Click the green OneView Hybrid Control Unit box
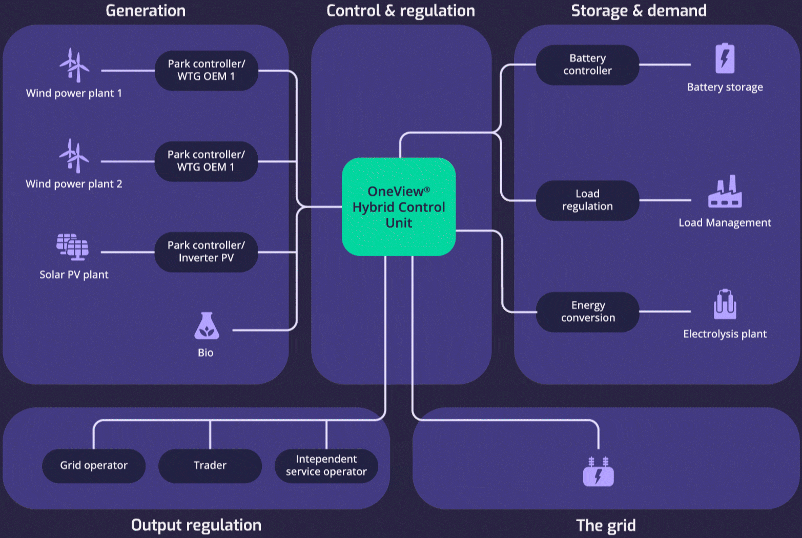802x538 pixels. coord(399,206)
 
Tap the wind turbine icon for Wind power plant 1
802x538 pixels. coord(74,65)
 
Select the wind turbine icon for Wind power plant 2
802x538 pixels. coord(74,156)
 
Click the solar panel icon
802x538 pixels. coord(73,247)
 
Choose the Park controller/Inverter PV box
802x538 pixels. coord(206,252)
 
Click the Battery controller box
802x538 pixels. coord(587,65)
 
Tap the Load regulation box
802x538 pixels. coord(587,200)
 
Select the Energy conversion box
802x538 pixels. coord(587,312)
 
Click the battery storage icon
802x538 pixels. coord(725,58)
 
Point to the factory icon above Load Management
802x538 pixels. coord(725,192)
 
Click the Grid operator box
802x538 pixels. coord(94,465)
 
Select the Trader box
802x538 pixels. coord(210,465)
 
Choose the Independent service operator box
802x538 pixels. coord(326,465)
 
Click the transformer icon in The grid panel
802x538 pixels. coord(598,472)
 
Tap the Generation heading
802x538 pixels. coord(146,11)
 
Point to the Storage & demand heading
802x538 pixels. coord(639,11)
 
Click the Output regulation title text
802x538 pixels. coord(196,525)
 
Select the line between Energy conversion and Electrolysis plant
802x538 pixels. coord(665,311)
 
